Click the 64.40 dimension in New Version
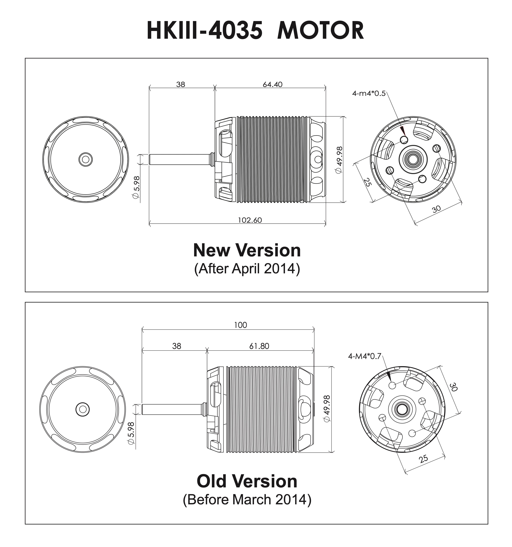click(272, 84)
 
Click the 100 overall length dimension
click(241, 325)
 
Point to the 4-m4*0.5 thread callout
click(369, 94)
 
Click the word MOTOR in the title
click(321, 31)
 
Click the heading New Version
click(247, 250)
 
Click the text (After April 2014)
click(247, 269)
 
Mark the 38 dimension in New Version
click(181, 84)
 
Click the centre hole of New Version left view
click(86, 159)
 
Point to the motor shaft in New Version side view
click(179, 160)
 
